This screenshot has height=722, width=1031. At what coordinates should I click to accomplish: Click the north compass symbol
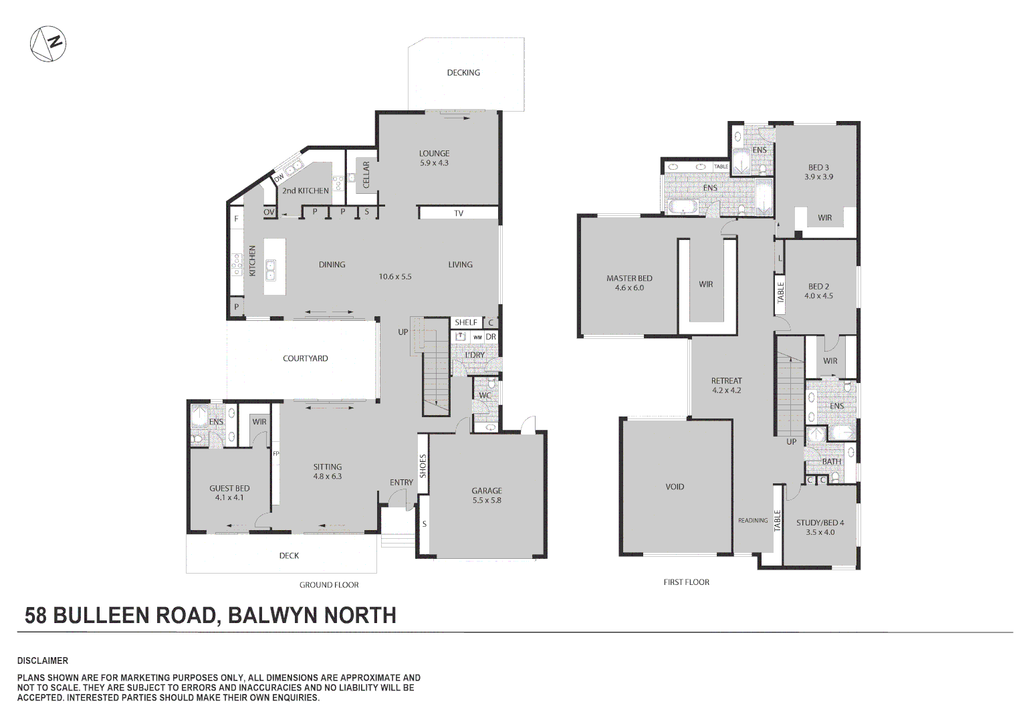(48, 44)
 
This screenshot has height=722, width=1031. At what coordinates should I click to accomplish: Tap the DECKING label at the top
(463, 72)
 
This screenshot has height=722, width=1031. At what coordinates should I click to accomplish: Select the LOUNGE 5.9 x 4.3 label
(434, 158)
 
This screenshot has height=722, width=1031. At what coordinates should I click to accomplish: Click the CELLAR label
(366, 174)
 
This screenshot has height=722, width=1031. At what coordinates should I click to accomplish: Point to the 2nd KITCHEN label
(306, 191)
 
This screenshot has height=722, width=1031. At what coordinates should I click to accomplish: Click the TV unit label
(459, 213)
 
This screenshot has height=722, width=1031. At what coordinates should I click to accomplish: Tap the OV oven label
(269, 212)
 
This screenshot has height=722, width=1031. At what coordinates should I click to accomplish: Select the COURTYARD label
(305, 358)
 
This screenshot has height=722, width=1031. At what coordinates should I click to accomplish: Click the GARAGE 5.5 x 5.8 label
(486, 495)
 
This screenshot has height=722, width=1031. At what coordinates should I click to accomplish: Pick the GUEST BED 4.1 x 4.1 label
(229, 493)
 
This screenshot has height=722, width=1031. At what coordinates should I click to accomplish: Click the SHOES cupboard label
(423, 466)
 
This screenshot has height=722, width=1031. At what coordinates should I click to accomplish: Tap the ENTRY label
(401, 482)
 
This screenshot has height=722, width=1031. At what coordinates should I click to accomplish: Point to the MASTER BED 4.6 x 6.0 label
(629, 283)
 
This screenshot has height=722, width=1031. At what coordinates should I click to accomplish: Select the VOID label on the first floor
(675, 487)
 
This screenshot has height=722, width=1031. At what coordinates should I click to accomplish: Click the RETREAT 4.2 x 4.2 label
(726, 385)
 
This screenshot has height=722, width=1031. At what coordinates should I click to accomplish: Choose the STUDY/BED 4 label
(820, 523)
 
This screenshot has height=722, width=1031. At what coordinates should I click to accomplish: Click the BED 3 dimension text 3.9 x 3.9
(818, 177)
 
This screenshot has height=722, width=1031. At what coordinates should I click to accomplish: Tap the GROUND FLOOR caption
(329, 585)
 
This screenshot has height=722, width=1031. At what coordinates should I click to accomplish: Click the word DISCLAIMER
(43, 660)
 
